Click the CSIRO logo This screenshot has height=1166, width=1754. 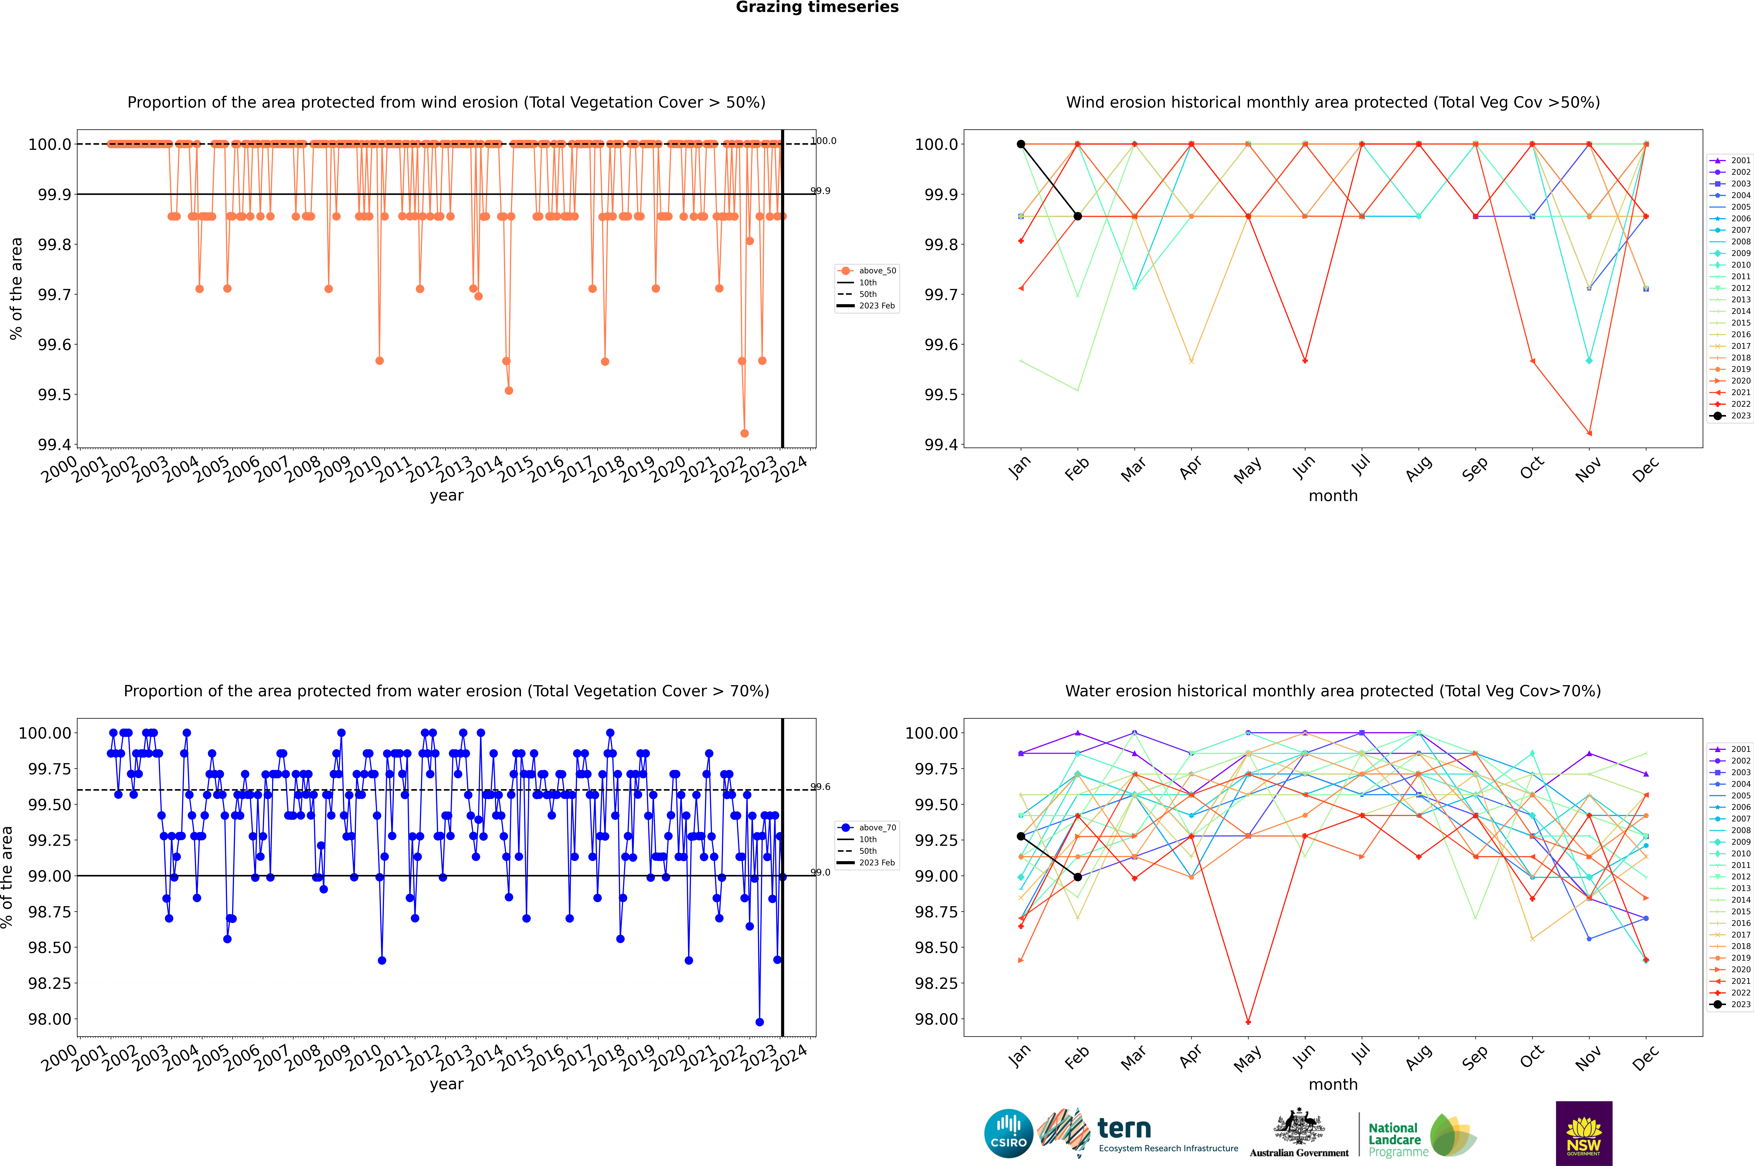pos(1008,1133)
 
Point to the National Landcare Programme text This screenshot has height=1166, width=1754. pos(1395,1139)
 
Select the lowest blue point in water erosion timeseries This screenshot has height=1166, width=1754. pos(759,1022)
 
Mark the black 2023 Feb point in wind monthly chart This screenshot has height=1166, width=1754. pos(1077,216)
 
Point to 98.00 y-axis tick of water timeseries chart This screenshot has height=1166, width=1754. pos(50,1019)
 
